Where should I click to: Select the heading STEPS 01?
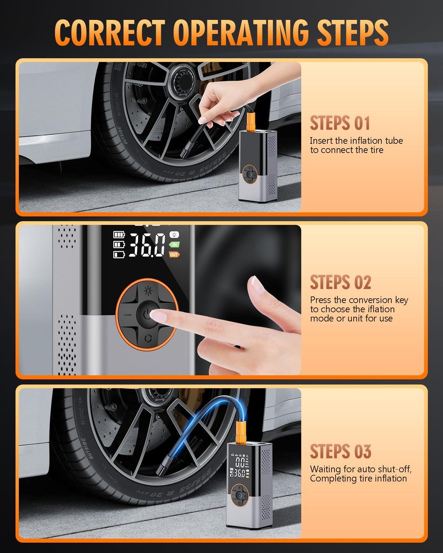point(340,123)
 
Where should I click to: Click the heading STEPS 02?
point(340,282)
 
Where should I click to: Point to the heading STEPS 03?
point(340,452)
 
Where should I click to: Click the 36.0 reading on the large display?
point(147,245)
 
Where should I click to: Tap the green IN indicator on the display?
point(174,244)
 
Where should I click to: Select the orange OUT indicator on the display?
point(174,254)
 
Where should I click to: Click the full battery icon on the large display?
point(119,234)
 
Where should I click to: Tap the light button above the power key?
point(148,291)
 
